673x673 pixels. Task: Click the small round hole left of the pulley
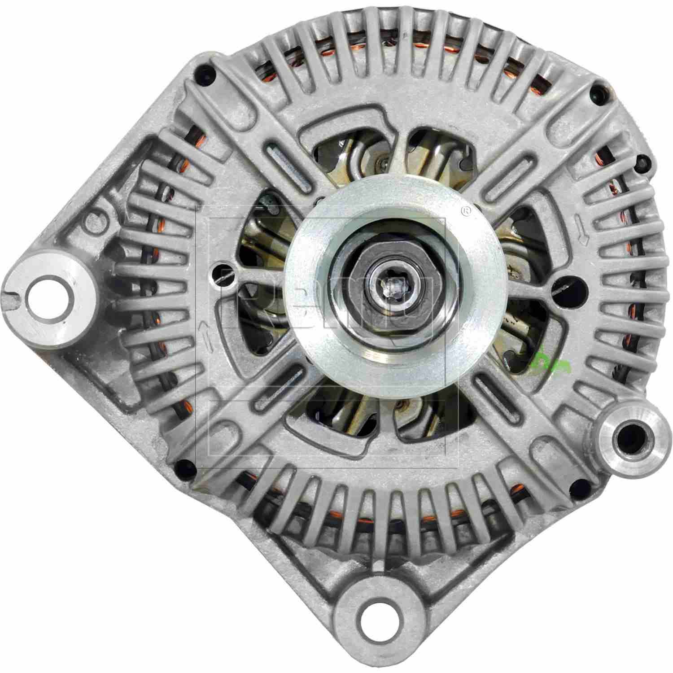(x=223, y=271)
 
